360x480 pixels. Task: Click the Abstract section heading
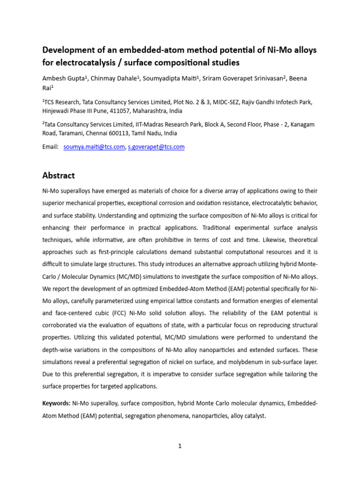(59, 176)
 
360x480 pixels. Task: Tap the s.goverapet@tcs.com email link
(156, 147)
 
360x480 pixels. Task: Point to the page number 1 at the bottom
(180, 446)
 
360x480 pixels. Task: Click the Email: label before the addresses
(50, 147)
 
